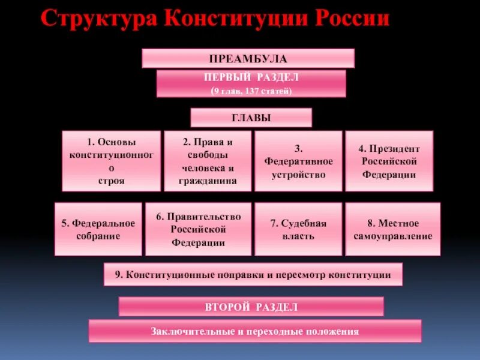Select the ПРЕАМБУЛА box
pos(248,59)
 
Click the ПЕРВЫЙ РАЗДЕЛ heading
pos(251,78)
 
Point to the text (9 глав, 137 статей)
pos(251,91)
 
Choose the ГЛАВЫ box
pos(251,118)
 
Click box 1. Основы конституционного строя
pos(111,161)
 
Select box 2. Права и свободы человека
pos(207,161)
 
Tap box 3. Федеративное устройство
pos(298,161)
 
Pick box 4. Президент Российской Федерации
pos(389,161)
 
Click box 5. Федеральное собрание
pos(98,229)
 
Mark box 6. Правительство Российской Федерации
pos(198,229)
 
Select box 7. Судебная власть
pos(298,229)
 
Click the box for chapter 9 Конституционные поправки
pos(253,275)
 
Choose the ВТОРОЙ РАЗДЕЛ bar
pos(251,307)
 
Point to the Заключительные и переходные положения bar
pos(255,331)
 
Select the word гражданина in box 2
pos(207,181)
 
